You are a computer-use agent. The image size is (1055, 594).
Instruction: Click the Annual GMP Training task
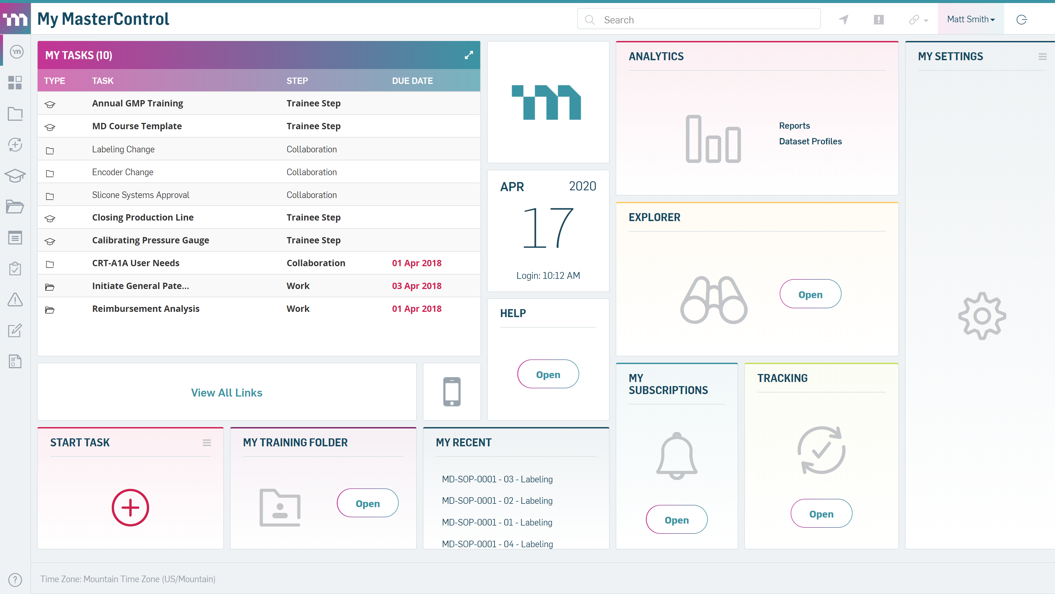(x=138, y=103)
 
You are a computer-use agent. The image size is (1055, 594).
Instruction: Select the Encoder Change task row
(x=123, y=172)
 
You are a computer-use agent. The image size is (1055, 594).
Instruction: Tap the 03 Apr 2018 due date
(x=417, y=286)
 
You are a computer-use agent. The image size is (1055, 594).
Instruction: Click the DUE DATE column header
(x=412, y=81)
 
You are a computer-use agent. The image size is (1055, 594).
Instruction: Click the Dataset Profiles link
(x=810, y=141)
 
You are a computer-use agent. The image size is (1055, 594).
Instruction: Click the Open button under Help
(x=548, y=374)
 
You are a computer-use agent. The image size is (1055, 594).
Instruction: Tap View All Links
(x=226, y=392)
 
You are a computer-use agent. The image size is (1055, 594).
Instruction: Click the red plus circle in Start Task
(x=130, y=507)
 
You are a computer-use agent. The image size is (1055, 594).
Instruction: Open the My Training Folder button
(x=367, y=504)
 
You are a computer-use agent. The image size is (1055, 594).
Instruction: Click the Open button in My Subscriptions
(x=677, y=520)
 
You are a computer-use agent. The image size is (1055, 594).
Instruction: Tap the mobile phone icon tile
(x=452, y=392)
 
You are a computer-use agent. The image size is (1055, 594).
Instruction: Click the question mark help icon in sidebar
(x=15, y=579)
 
